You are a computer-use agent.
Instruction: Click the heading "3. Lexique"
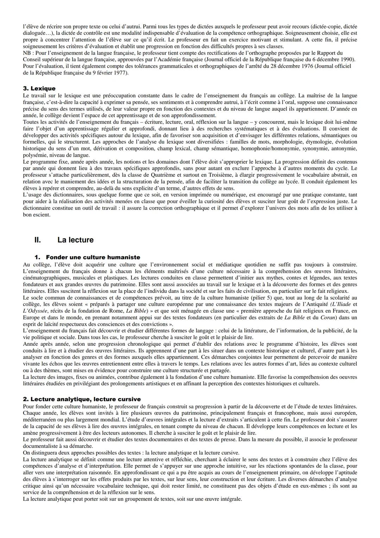[39, 88]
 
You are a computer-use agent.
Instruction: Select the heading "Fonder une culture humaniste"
[93, 257]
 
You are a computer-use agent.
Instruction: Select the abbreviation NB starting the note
[27, 52]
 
